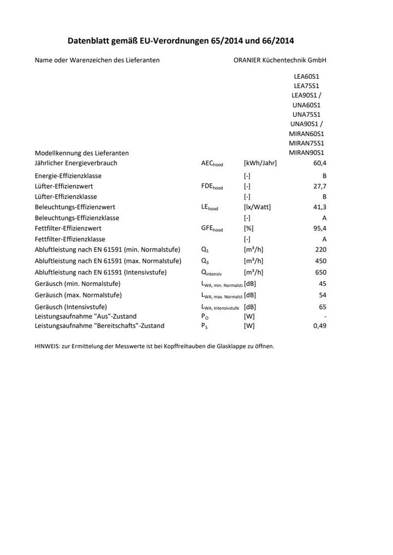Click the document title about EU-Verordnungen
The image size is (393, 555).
180,40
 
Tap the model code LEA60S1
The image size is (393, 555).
306,76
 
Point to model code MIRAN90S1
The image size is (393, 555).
306,153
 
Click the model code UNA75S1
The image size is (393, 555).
306,115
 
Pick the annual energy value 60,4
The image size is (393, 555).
319,163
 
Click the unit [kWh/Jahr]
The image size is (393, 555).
260,163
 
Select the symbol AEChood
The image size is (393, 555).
212,163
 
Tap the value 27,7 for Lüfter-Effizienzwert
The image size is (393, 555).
319,186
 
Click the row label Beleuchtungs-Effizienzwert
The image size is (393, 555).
75,207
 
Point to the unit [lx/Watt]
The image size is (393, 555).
257,207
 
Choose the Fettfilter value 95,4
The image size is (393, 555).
319,229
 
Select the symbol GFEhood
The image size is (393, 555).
212,229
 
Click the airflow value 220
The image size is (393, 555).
321,249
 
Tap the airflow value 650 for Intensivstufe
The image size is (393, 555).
321,272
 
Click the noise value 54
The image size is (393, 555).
323,295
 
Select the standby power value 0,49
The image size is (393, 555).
319,326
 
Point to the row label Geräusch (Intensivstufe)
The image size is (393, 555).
70,307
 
